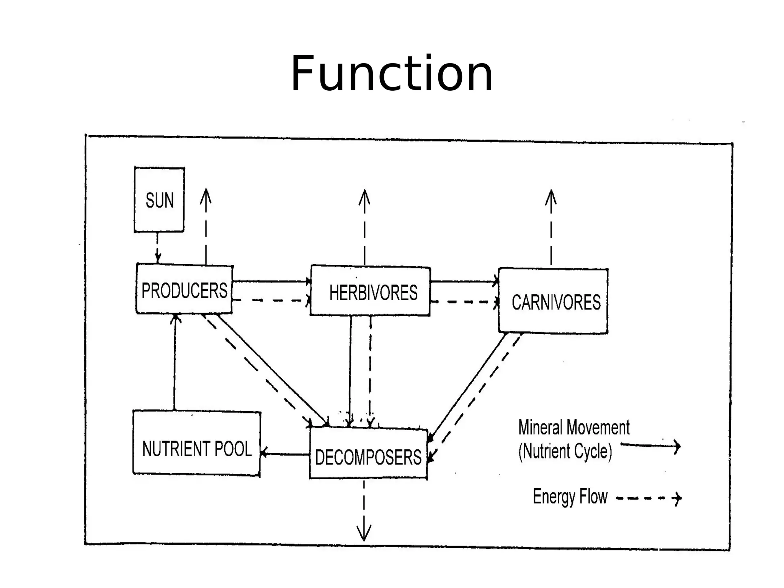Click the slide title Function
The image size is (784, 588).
(x=392, y=73)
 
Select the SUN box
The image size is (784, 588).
(x=159, y=200)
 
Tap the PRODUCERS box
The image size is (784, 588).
(x=184, y=289)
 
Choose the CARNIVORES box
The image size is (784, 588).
(x=554, y=301)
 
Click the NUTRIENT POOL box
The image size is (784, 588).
(x=197, y=444)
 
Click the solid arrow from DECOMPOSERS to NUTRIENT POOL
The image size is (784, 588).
(x=285, y=454)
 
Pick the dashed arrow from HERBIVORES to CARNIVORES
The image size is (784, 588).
(x=464, y=302)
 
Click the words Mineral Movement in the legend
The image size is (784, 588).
(x=573, y=428)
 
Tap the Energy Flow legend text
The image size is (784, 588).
(x=570, y=497)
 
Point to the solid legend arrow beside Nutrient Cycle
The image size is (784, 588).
(x=650, y=446)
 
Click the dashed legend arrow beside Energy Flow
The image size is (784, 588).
(x=649, y=498)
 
